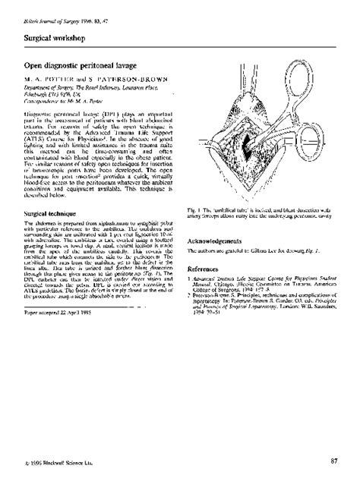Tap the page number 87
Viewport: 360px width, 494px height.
click(x=334, y=461)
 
